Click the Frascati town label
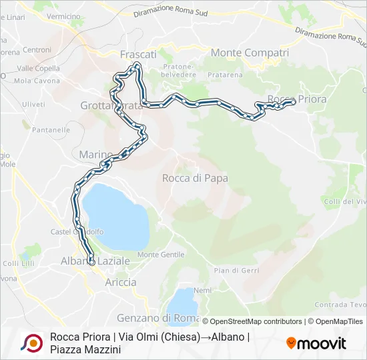click(138, 54)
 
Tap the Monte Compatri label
click(250, 53)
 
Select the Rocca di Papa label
click(195, 178)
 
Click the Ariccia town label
click(121, 282)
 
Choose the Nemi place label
click(202, 291)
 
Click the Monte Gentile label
click(161, 255)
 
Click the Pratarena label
click(225, 75)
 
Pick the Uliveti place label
click(33, 104)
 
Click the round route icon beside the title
click(31, 343)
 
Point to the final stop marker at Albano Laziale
click(91, 262)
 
